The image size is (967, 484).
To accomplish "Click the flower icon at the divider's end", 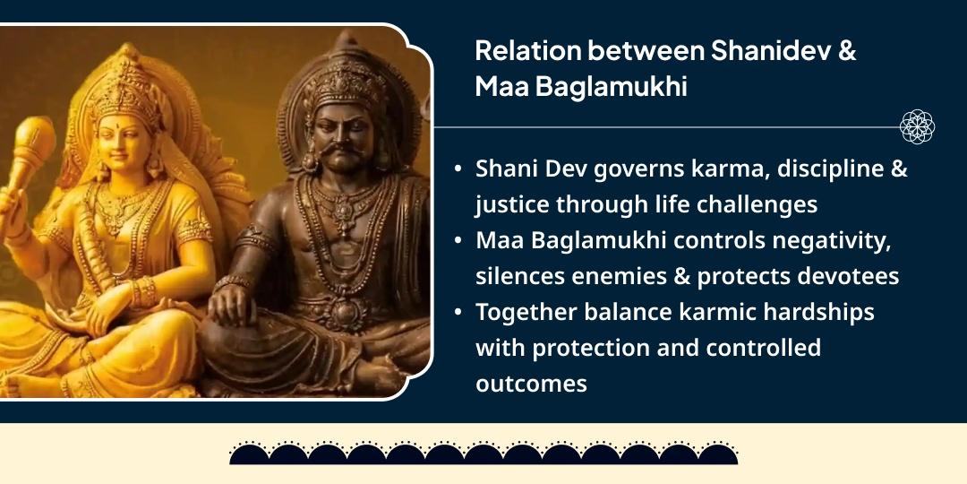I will click(917, 127).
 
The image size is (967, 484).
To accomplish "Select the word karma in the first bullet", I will click(707, 169).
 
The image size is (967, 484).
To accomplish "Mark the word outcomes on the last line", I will click(531, 384).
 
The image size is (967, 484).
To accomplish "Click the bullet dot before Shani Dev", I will click(458, 169).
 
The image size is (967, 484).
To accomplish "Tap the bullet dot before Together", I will click(458, 313).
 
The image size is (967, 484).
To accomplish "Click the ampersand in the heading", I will click(846, 51).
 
